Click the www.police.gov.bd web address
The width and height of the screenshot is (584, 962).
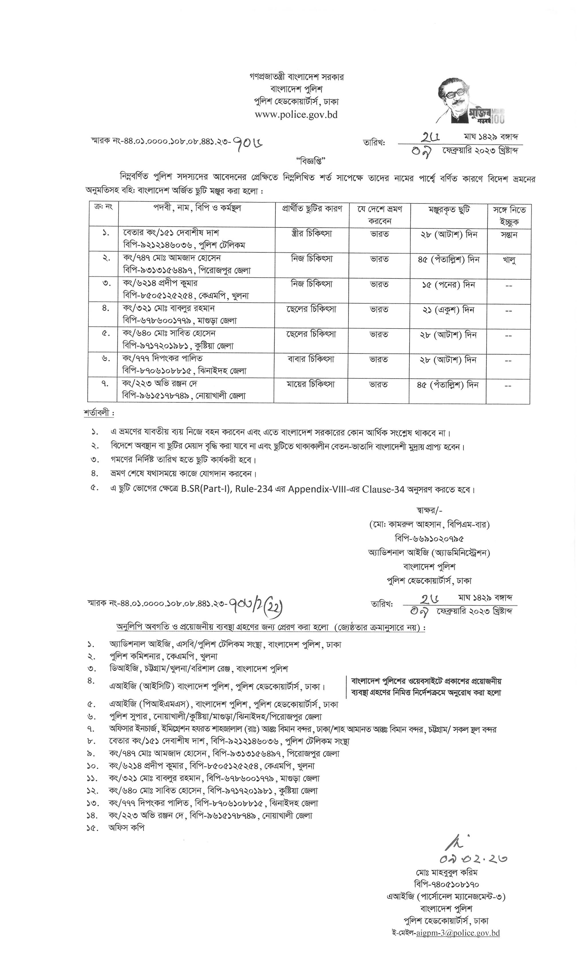(x=296, y=115)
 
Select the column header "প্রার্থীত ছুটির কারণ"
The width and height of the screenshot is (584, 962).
(x=312, y=209)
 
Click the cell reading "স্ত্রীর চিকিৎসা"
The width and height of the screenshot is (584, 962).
(x=311, y=234)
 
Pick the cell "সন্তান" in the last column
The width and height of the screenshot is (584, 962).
(x=509, y=235)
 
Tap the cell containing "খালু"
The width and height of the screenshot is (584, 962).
(x=509, y=260)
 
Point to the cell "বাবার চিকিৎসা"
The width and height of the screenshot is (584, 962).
(x=311, y=359)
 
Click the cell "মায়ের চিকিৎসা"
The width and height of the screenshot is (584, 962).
(x=311, y=385)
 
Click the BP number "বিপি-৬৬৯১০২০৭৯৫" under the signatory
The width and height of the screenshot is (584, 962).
(x=429, y=539)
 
